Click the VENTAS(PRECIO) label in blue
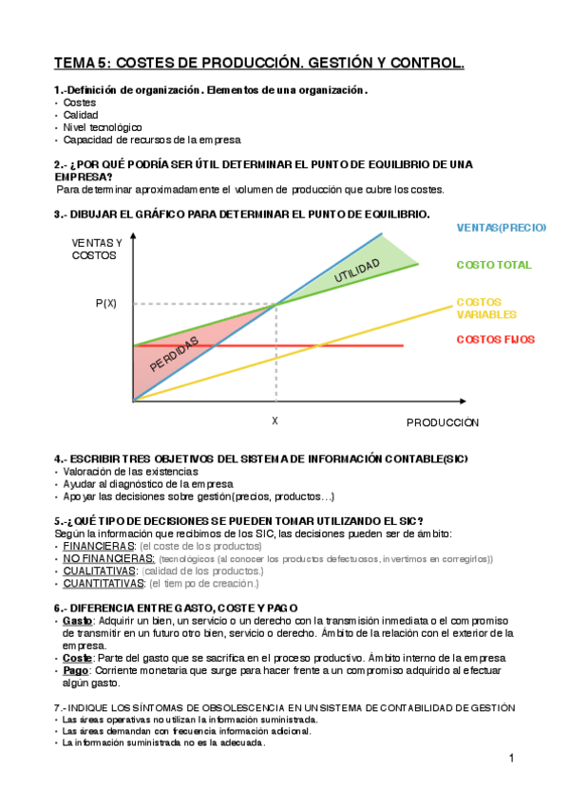(501, 228)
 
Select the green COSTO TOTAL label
(494, 265)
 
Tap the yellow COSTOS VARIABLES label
(486, 308)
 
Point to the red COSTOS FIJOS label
(495, 339)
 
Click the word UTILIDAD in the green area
(363, 269)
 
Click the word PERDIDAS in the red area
(175, 356)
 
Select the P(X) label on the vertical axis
(106, 304)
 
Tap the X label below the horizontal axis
(275, 421)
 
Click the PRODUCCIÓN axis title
(443, 421)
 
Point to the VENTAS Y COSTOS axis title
(97, 250)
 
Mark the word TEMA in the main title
(75, 64)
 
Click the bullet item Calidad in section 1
(81, 114)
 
